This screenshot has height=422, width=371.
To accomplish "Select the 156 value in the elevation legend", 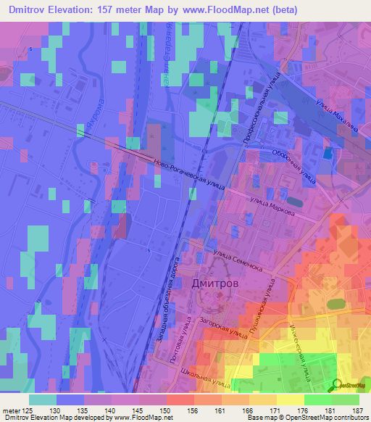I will (193, 412).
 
